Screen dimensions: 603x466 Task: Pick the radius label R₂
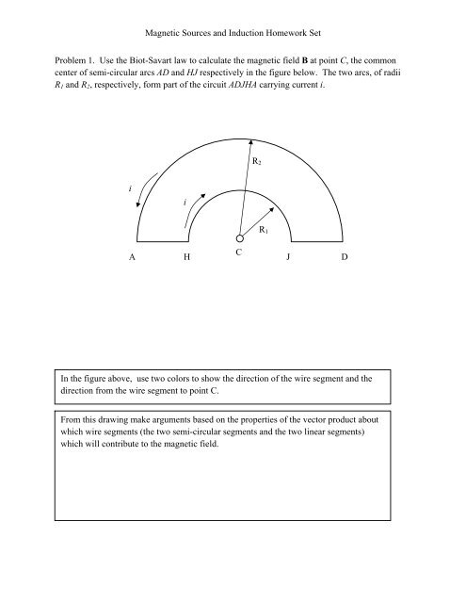(x=256, y=162)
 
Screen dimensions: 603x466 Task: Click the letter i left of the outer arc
(x=130, y=187)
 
